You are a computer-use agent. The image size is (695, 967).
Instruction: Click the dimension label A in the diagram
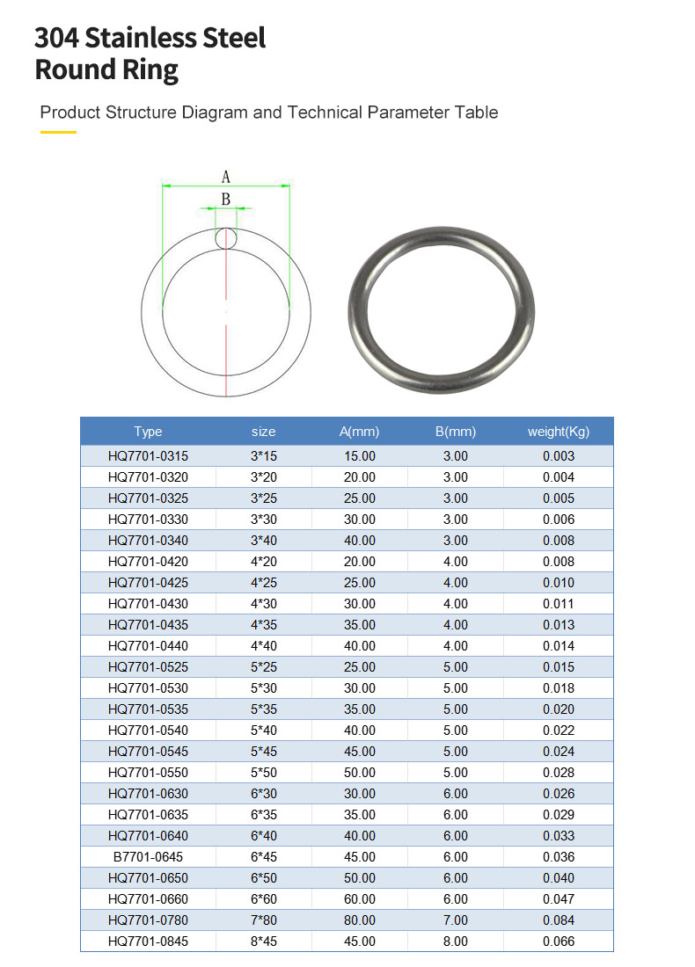226,177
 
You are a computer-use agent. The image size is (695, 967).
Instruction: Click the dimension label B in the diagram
226,200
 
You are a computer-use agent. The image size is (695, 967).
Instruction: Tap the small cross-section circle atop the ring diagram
226,237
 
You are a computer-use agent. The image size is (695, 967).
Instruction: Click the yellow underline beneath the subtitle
59,132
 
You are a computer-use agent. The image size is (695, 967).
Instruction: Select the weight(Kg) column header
559,432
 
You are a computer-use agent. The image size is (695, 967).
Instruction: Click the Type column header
148,432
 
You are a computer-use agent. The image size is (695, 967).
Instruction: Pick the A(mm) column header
359,432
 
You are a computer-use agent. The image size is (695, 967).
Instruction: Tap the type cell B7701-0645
148,857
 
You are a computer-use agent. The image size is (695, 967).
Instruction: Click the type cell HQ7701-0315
148,456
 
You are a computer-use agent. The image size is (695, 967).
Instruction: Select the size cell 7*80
263,920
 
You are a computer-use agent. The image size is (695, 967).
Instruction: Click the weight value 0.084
559,920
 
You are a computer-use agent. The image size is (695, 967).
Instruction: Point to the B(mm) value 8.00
455,942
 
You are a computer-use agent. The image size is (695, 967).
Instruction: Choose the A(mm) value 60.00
359,899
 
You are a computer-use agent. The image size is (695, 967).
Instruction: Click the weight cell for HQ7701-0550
559,773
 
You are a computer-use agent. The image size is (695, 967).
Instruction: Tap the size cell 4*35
263,625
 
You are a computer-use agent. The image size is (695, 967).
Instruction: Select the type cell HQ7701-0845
148,942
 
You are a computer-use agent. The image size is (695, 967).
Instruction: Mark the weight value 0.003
559,456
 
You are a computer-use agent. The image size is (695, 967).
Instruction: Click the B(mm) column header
455,432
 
